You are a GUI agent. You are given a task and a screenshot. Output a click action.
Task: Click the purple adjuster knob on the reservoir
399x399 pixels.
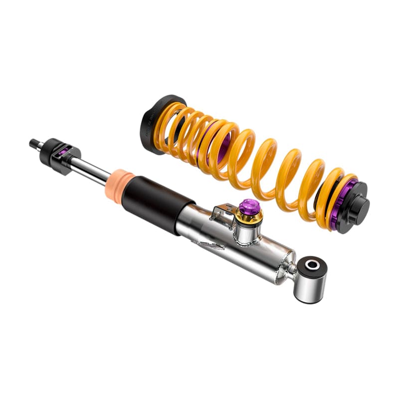pos(248,205)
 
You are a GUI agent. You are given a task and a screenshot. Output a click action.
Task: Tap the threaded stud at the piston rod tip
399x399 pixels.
pos(35,144)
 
